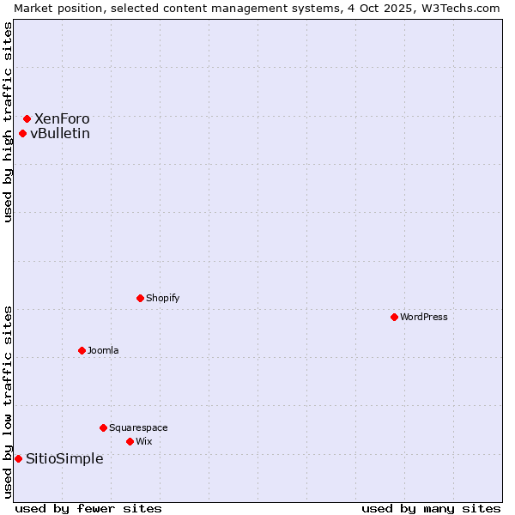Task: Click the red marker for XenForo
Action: coord(27,118)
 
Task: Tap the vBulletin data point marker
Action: coord(22,133)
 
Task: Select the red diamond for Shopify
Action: coord(140,298)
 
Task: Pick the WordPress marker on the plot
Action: coord(394,317)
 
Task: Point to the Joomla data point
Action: coord(82,350)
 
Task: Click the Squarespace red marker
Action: coord(103,427)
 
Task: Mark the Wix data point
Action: coord(130,441)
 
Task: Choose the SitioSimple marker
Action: coord(18,458)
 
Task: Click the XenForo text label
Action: coord(62,118)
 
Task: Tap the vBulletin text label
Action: coord(60,133)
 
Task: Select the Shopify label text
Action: coord(163,298)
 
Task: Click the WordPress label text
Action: coord(424,317)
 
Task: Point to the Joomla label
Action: coord(103,350)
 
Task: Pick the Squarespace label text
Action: coord(138,427)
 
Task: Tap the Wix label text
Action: coord(144,441)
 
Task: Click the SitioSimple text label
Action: coord(64,458)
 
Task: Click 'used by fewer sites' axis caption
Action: coord(88,508)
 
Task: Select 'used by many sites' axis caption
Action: coord(431,508)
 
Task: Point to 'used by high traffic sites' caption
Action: coord(8,122)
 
